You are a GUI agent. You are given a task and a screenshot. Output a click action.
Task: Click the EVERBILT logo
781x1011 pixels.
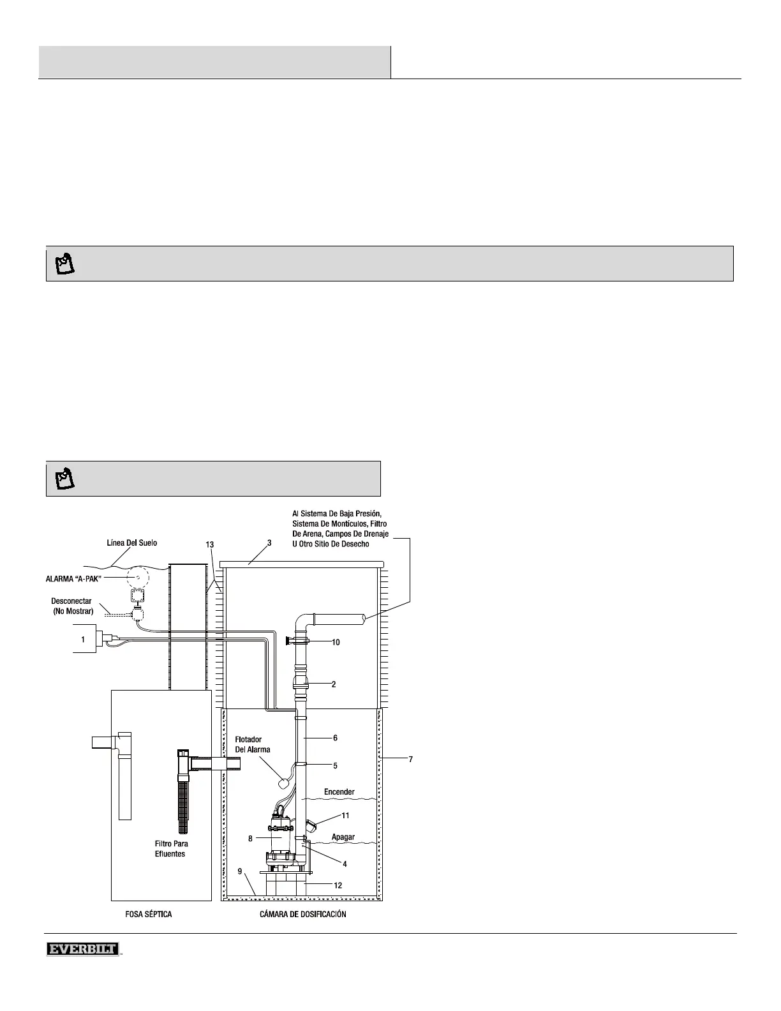coord(83,950)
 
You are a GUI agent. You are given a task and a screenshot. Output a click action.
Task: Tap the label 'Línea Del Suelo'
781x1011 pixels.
coord(131,543)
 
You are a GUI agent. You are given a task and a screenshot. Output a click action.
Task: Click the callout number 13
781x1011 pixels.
coord(210,544)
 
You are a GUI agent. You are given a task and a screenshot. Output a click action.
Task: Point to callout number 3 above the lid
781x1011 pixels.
coord(269,543)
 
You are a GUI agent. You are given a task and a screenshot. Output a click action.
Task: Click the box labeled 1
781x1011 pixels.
coord(83,639)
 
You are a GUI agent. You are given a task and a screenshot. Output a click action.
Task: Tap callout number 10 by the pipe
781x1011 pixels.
coord(336,642)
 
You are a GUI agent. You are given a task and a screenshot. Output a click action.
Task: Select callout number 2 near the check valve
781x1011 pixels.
coord(334,684)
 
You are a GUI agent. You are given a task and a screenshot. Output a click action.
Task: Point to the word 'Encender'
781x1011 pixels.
coord(339,792)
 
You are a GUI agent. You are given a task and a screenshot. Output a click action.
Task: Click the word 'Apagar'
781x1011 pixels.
coord(343,837)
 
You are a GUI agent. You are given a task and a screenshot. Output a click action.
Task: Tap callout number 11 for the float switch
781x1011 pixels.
coord(345,815)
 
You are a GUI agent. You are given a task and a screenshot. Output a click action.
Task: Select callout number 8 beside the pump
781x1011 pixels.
coord(251,839)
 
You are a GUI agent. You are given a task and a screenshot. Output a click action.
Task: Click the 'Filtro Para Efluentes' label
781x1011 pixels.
coord(171,849)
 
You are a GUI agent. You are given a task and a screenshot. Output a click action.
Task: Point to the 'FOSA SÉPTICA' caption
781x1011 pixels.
coord(149,914)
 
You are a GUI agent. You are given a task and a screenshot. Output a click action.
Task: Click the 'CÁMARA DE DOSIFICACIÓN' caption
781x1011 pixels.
coord(303,914)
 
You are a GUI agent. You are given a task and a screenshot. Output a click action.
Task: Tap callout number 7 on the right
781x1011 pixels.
coord(411,759)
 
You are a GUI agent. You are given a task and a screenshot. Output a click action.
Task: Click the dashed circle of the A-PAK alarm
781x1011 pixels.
coord(136,578)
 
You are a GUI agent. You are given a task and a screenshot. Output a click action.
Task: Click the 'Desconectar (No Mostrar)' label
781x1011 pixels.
coord(72,606)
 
